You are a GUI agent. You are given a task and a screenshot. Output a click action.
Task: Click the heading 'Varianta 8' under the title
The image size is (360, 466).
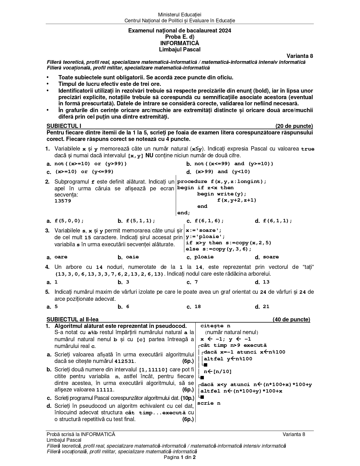tap(300, 56)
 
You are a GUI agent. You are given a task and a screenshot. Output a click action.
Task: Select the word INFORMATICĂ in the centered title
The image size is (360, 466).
tap(180, 43)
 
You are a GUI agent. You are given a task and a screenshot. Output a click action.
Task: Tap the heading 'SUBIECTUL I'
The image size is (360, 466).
tap(64, 126)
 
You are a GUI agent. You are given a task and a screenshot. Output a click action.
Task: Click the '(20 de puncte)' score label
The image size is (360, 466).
tap(294, 126)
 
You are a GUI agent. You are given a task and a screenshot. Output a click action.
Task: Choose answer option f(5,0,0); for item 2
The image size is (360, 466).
tap(69, 221)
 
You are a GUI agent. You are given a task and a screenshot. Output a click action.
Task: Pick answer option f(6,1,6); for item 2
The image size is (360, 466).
tap(209, 221)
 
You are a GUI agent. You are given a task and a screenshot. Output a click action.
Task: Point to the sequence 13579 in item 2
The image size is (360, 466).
tap(63, 201)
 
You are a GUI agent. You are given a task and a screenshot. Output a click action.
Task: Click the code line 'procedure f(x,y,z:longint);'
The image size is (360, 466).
tap(222, 182)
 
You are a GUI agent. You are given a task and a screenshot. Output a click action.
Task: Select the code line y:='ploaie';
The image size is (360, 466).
tap(205, 237)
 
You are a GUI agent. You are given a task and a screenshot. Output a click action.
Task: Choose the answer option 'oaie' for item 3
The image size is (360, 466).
tap(132, 257)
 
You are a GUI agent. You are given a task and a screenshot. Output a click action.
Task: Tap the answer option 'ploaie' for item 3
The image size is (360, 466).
tap(204, 257)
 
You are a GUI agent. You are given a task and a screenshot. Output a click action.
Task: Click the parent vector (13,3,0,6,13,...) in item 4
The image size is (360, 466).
tap(109, 274)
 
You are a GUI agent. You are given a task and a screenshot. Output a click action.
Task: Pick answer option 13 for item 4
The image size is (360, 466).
tap(266, 282)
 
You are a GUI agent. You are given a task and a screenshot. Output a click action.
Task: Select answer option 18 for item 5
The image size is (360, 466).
tap(197, 306)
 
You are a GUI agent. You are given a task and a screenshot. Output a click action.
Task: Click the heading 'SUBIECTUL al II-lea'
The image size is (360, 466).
tap(73, 319)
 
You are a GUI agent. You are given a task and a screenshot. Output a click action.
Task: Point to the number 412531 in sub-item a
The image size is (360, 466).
tap(125, 361)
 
